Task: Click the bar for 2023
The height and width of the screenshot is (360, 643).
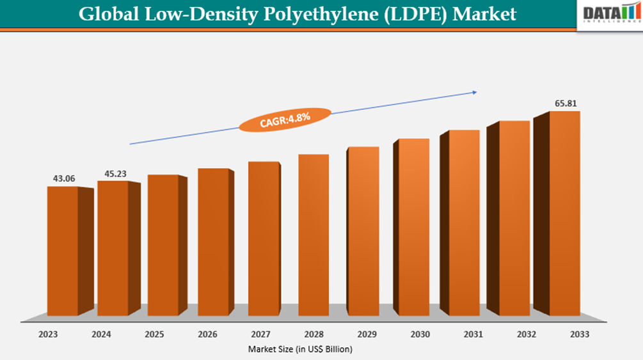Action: (63, 250)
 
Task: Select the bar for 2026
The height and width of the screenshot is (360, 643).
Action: (213, 242)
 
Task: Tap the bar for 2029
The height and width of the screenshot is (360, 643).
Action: (363, 231)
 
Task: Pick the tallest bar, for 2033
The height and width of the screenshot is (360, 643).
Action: (564, 213)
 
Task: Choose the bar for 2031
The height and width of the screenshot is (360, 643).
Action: (464, 223)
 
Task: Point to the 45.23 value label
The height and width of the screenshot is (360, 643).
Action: (114, 173)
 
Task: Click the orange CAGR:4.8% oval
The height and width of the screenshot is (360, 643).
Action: (285, 120)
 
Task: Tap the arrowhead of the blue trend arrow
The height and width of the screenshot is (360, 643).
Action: (474, 92)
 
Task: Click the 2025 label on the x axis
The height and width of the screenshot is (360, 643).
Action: (154, 334)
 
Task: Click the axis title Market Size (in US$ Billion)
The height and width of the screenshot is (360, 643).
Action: (299, 349)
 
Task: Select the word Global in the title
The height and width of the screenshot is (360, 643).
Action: (105, 14)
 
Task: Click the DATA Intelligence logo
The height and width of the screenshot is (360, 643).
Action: (608, 14)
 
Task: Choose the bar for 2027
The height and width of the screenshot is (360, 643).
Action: (264, 239)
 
